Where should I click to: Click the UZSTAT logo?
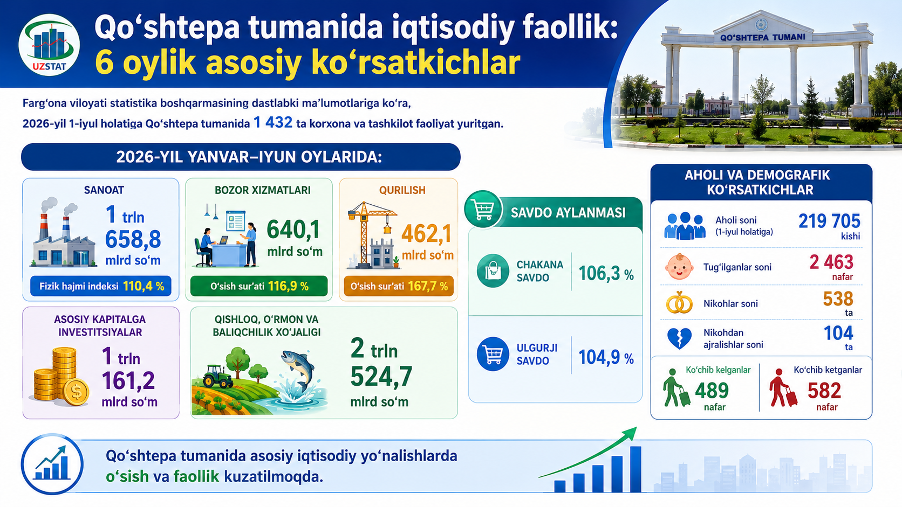[x=49, y=45]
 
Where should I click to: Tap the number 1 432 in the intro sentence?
[x=272, y=122]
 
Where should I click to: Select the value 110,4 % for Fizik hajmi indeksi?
[x=143, y=286]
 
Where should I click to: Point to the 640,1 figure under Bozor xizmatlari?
[x=293, y=230]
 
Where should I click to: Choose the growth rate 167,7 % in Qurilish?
[x=428, y=286]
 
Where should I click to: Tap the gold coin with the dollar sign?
[x=76, y=392]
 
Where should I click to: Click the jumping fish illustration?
[x=298, y=371]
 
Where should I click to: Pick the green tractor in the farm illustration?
[x=217, y=376]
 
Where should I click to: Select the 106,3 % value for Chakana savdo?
[x=606, y=274]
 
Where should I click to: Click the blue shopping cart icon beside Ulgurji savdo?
[x=493, y=354]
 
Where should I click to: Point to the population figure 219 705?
[x=829, y=221]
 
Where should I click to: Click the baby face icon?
[x=679, y=267]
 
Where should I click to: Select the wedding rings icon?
[x=679, y=302]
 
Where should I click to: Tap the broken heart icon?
[x=679, y=338]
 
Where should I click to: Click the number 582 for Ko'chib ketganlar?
[x=824, y=391]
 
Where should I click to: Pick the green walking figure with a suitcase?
[x=676, y=388]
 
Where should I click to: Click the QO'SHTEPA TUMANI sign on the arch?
[x=762, y=38]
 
